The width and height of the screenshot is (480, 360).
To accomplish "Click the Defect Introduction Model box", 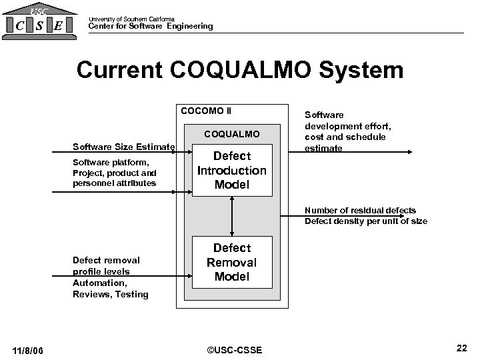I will pos(232,170).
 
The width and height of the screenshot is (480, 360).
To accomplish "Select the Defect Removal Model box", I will pos(232,262).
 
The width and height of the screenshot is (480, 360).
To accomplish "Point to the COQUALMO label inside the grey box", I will pos(232,135).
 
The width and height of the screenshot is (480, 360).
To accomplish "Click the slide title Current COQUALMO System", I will pos(240,70).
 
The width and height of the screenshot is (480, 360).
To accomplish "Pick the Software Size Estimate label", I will pos(124,146).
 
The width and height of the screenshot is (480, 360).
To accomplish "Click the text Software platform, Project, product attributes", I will pos(114,173).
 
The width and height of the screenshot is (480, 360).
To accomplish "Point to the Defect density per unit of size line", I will pos(366,221).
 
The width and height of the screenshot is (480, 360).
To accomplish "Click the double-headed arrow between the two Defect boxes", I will pos(232,217).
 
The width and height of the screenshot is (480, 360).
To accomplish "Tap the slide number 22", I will pos(461,348).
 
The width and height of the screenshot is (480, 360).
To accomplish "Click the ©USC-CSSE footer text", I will pos(235,350).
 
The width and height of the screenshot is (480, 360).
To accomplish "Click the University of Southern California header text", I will pos(131,19).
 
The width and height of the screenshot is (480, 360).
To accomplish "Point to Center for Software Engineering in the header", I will pos(151,26).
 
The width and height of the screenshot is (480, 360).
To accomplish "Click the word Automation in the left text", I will pos(97,283).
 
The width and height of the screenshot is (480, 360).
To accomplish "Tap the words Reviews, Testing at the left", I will pos(110,294).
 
